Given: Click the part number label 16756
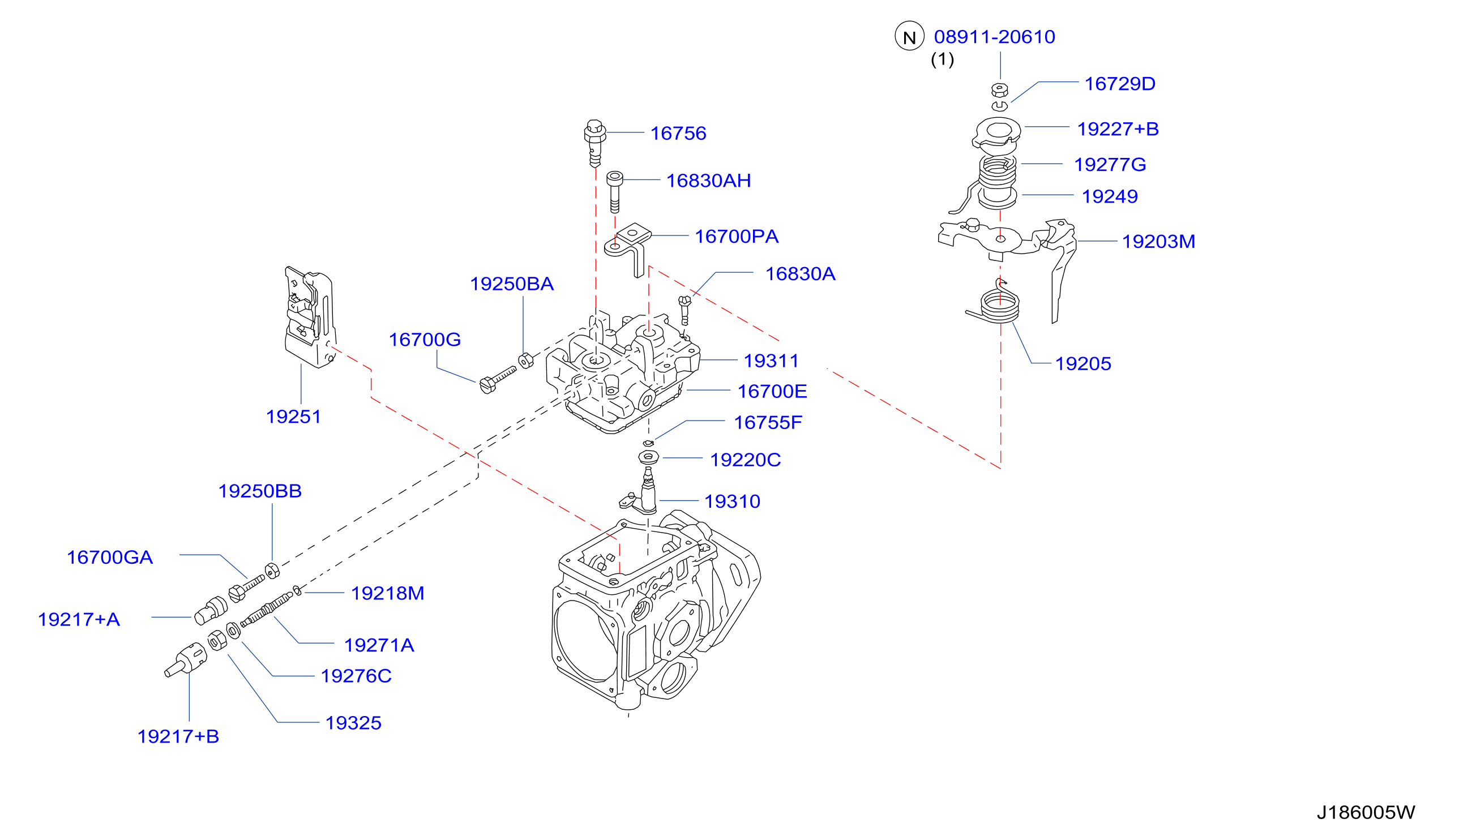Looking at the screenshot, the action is [x=678, y=133].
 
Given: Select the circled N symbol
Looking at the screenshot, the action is [x=909, y=36].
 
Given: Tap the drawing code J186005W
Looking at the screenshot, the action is [x=1365, y=812].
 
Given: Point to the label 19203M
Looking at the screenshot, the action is [x=1158, y=241].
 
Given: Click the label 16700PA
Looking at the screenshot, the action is [x=737, y=236].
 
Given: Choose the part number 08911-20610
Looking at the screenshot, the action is [x=994, y=37].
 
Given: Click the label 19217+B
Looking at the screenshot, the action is [x=178, y=736].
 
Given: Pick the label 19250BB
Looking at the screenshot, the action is [x=260, y=491].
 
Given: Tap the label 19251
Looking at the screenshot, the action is [x=293, y=417].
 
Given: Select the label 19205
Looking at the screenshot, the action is [x=1083, y=363].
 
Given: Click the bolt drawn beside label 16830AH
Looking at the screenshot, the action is [x=614, y=191].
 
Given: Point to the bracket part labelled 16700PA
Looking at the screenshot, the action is [x=628, y=248].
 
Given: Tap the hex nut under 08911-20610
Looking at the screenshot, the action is [x=999, y=90].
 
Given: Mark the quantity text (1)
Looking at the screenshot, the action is [x=942, y=59].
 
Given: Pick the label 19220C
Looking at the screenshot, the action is [x=745, y=460].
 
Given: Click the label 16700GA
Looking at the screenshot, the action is [x=110, y=558].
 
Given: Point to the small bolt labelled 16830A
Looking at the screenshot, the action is [x=685, y=310].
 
